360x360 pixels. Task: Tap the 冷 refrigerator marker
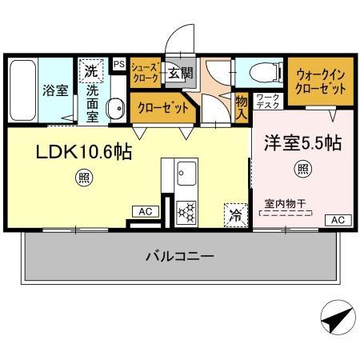coord(235,214)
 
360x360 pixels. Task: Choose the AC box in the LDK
coord(146,211)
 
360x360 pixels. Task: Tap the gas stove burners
coord(187,211)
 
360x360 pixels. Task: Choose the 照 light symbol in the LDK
coord(82,177)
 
